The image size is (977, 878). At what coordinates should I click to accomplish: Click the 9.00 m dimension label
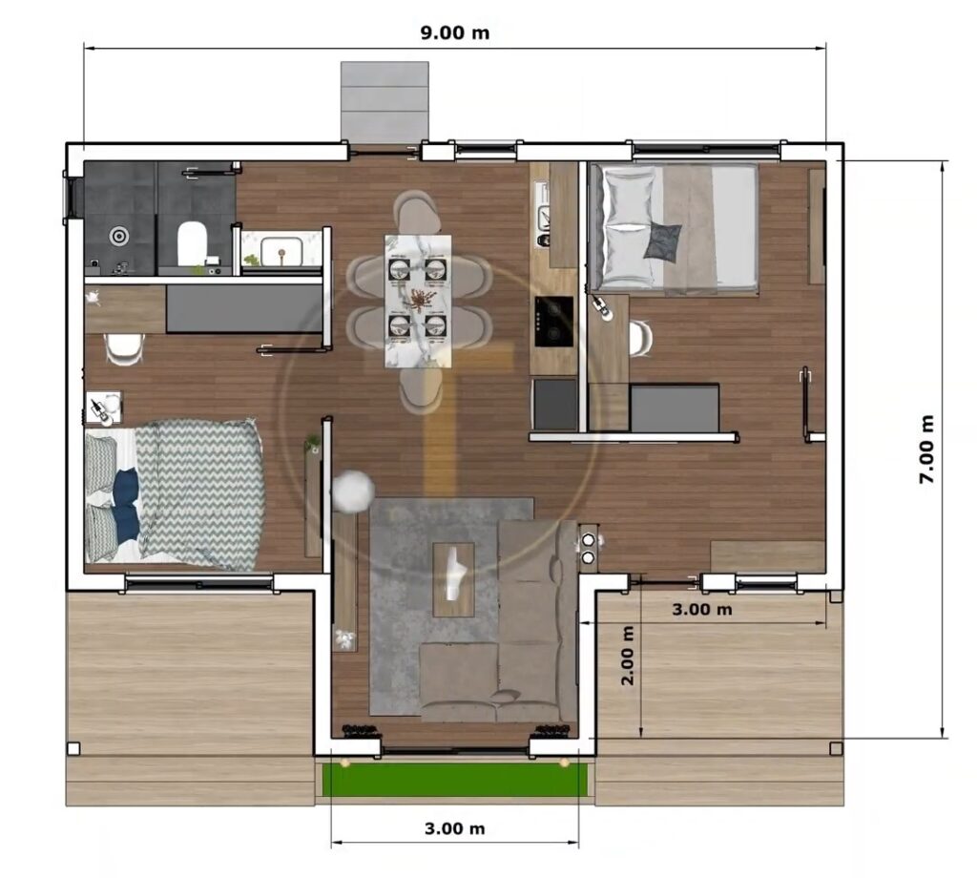tap(455, 32)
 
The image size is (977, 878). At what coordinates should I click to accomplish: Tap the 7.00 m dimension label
tap(926, 449)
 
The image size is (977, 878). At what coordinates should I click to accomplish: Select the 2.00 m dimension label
tap(627, 656)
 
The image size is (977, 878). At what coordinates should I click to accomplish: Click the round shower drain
tap(118, 235)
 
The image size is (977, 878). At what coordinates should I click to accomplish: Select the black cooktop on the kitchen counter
tap(553, 321)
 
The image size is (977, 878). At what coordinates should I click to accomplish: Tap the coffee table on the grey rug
tap(453, 578)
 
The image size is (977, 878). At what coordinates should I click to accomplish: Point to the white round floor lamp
tap(353, 491)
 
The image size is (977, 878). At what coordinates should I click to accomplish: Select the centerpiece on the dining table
tap(418, 300)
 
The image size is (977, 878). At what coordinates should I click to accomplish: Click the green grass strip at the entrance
tap(454, 779)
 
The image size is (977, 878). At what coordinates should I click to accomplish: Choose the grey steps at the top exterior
tap(385, 102)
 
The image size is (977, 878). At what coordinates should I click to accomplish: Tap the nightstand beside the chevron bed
tap(103, 408)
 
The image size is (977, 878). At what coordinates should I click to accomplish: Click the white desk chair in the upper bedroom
tap(640, 337)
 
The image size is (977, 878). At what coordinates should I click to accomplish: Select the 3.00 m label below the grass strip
tap(454, 828)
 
